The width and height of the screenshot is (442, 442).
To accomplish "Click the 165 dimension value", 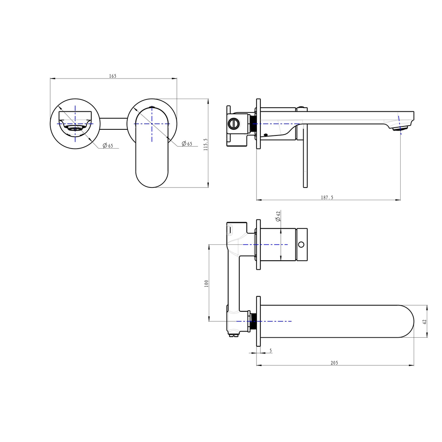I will [x=113, y=76].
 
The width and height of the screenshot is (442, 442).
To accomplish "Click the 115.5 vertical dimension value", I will [x=206, y=144].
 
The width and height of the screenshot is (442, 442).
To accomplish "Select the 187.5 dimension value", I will [x=327, y=197].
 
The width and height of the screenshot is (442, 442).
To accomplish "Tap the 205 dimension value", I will [x=334, y=363].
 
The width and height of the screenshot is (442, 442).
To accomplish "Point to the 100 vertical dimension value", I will [x=206, y=283].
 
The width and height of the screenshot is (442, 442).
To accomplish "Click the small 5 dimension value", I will [x=271, y=351].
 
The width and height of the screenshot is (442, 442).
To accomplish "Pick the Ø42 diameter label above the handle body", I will [x=278, y=216].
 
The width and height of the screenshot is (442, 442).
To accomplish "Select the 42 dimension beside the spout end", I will [x=424, y=322].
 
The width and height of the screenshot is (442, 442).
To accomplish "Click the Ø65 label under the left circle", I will [x=108, y=146].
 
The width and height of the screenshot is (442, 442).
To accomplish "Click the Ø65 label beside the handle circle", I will [x=187, y=144].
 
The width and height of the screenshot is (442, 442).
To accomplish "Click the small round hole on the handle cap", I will [x=301, y=244].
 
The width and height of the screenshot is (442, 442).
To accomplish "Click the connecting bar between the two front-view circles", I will [x=113, y=124].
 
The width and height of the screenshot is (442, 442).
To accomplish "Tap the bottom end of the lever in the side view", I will [x=305, y=185].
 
